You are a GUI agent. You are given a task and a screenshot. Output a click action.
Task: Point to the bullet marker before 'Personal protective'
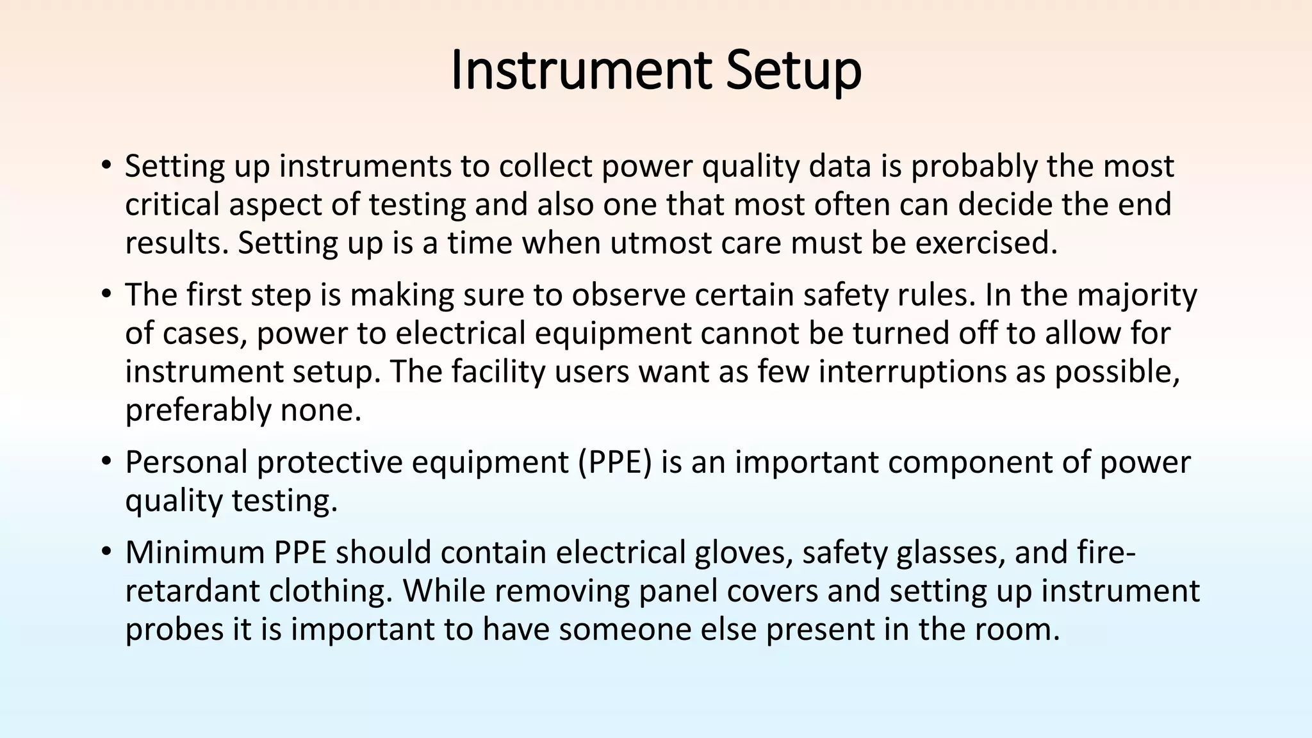pyautogui.click(x=106, y=462)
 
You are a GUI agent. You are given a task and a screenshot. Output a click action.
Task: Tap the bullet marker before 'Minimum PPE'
pyautogui.click(x=106, y=552)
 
